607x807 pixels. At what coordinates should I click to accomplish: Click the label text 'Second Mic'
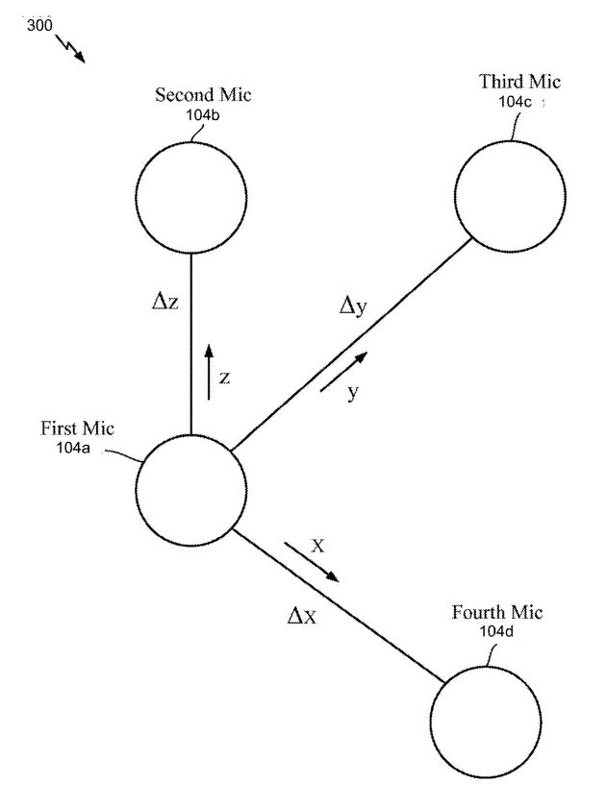click(195, 96)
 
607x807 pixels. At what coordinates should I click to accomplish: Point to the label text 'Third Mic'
click(508, 81)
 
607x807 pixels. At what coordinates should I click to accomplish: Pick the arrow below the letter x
click(312, 563)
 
